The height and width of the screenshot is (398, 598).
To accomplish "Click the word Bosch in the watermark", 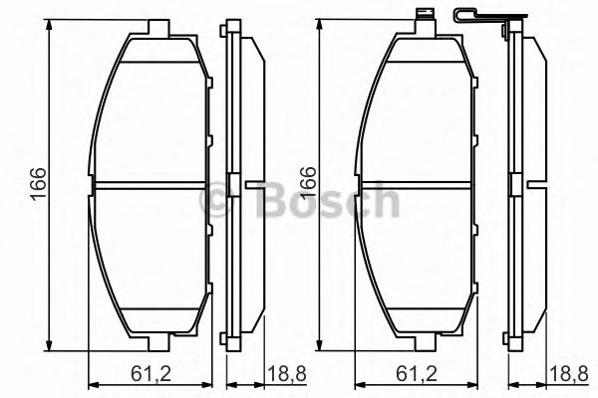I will (x=328, y=203).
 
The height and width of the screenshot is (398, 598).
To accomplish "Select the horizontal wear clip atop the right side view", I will (x=487, y=17).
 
